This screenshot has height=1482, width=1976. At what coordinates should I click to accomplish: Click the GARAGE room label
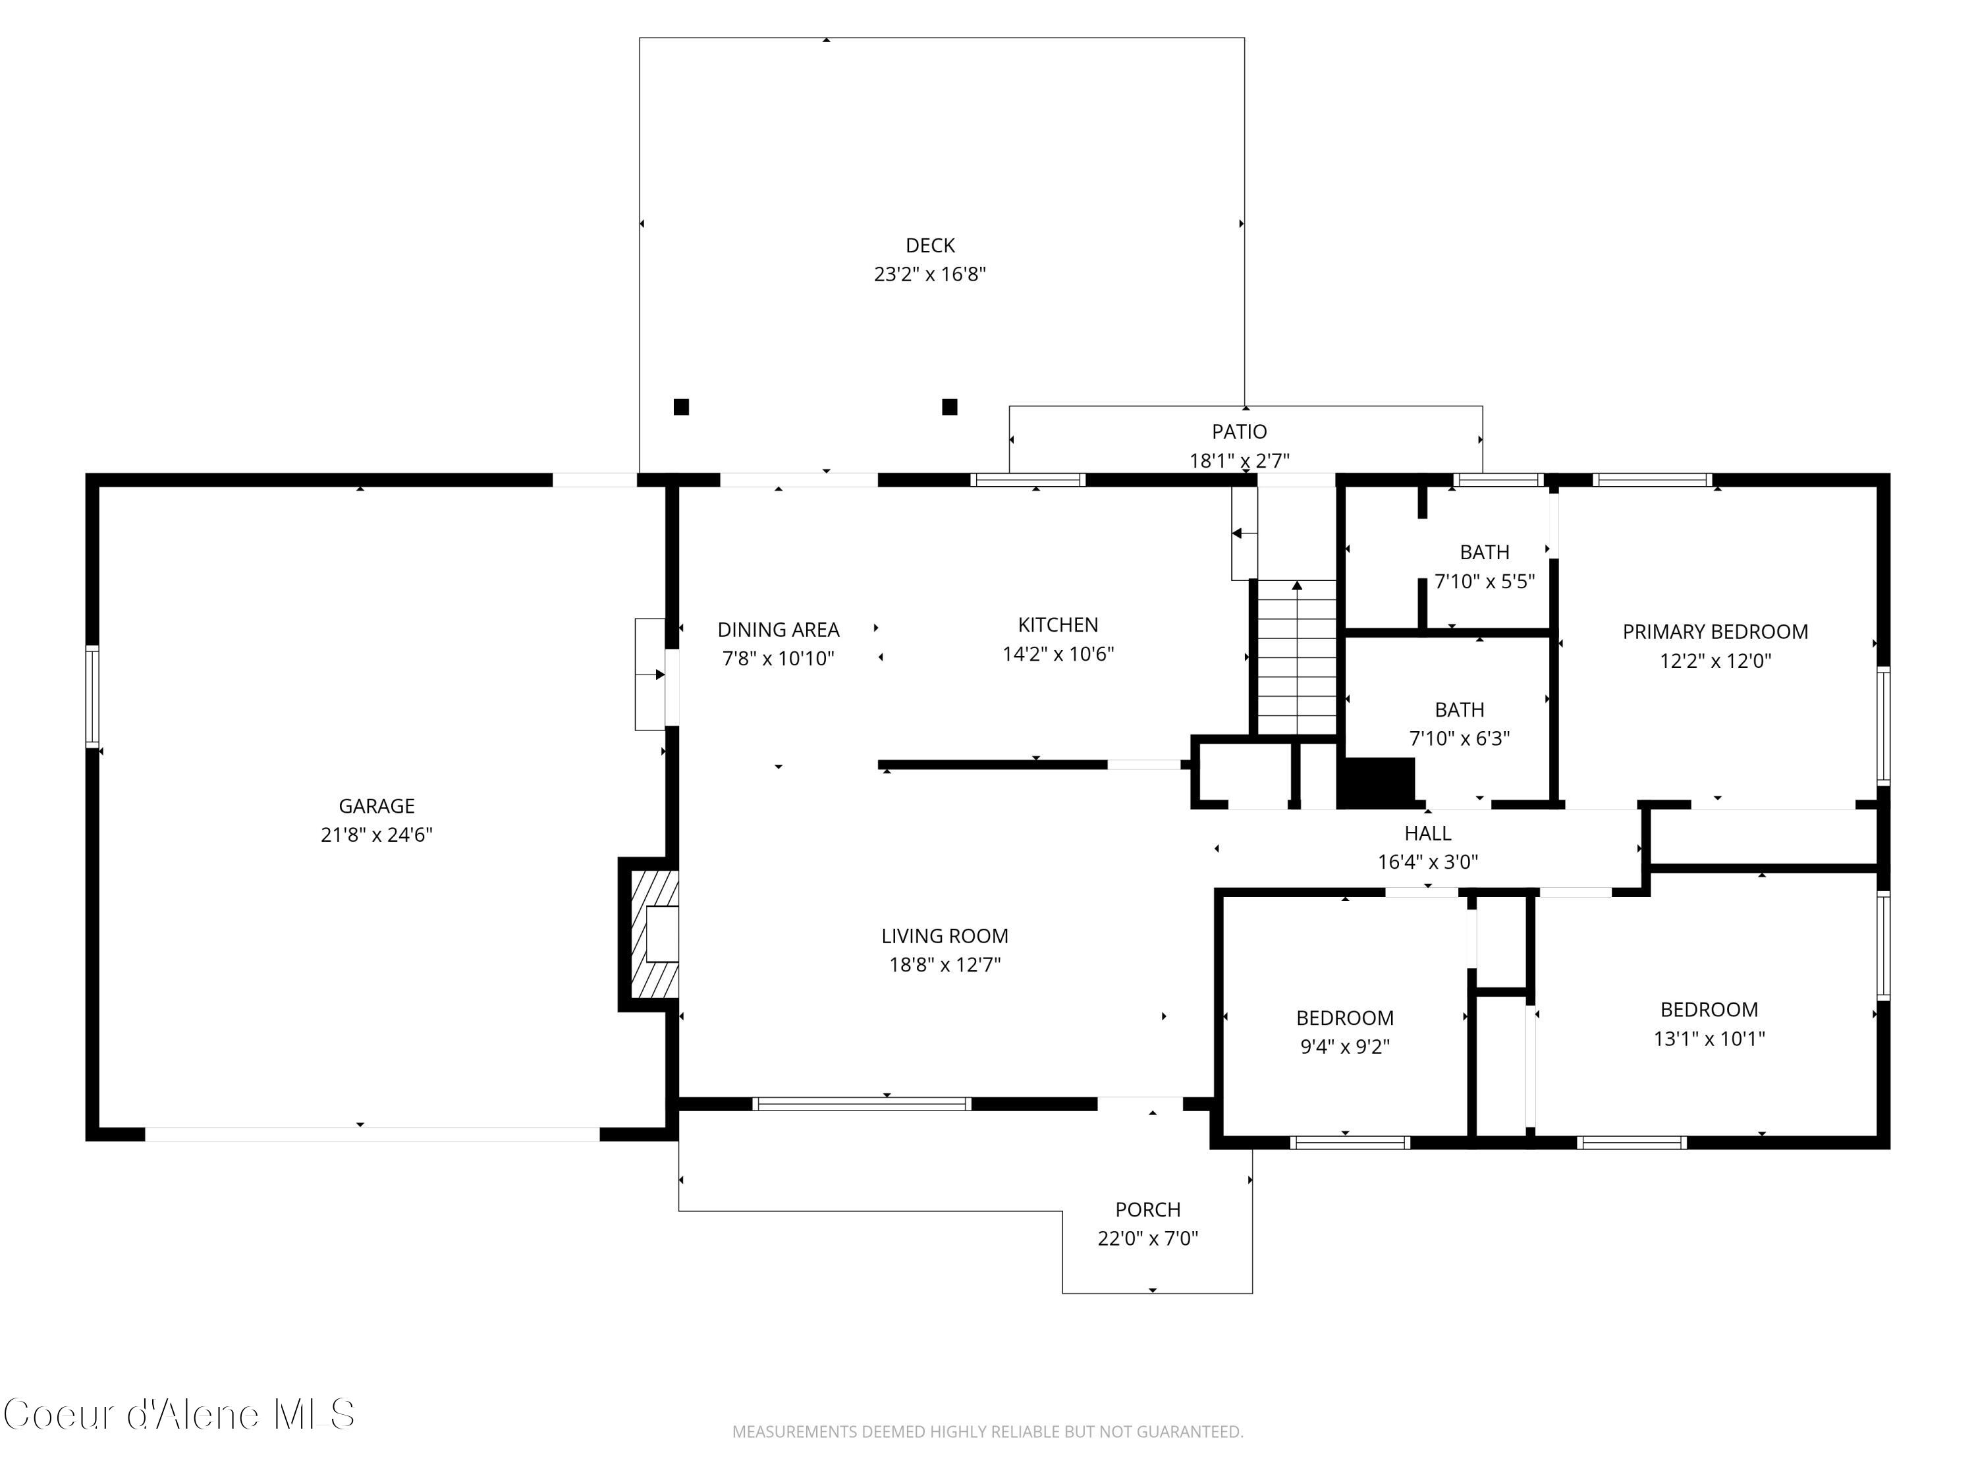pos(376,806)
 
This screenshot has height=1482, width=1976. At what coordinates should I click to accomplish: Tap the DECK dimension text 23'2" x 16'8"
pos(930,274)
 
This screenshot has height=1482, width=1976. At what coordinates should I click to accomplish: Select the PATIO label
pos(1239,431)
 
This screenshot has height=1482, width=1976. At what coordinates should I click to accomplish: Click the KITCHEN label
pos(1058,625)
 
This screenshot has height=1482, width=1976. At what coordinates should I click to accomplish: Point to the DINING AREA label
pos(778,630)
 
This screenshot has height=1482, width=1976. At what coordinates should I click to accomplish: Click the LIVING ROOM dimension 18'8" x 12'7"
pos(945,965)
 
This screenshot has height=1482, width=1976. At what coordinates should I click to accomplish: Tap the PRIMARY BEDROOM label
pos(1715,632)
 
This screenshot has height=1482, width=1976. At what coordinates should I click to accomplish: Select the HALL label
pos(1427,833)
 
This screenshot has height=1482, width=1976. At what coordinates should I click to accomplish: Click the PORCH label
pos(1148,1209)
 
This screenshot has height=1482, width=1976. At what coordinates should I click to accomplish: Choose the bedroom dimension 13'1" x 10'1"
pos(1709,1039)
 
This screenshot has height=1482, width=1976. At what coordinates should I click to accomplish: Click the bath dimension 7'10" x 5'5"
pos(1485,582)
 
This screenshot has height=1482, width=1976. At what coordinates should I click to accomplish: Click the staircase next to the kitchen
pos(1297,657)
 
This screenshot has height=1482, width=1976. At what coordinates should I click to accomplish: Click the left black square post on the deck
pos(680,407)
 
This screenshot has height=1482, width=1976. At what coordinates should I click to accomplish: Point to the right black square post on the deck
pos(950,407)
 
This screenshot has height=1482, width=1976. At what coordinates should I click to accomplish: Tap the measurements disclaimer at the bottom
pos(988,1432)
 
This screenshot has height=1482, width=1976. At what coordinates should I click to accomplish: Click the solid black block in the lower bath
pos(1377,782)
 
